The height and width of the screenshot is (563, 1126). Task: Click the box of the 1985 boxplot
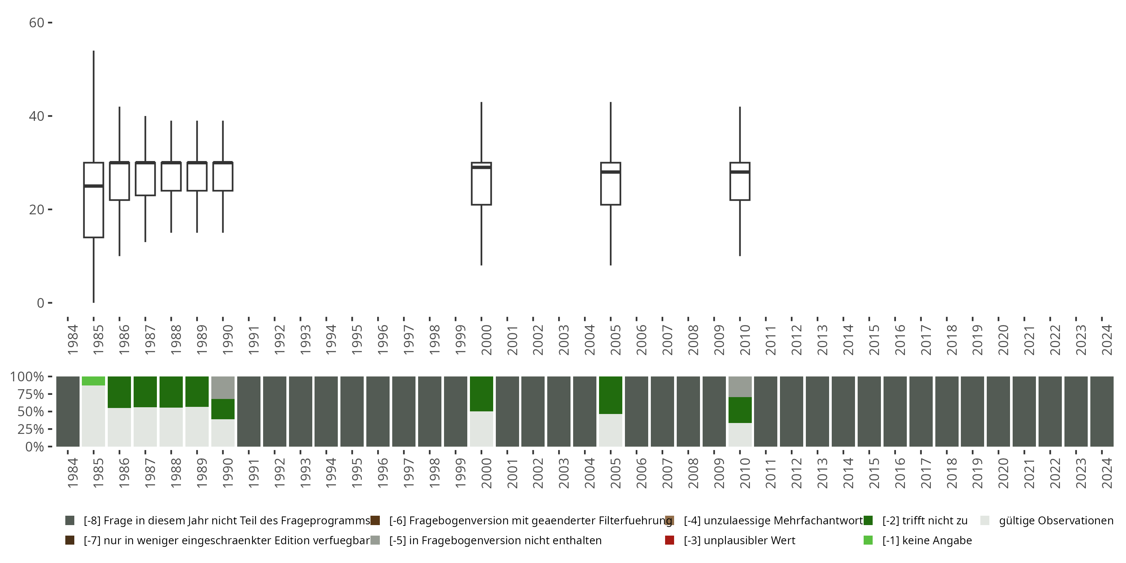(x=93, y=210)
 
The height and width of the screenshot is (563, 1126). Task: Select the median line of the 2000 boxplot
(x=481, y=167)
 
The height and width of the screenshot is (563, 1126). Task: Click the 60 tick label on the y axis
(x=37, y=23)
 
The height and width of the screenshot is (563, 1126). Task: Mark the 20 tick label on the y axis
(x=37, y=210)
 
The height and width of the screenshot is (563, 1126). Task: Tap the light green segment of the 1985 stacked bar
(x=93, y=381)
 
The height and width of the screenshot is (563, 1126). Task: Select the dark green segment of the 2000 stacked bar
(x=481, y=394)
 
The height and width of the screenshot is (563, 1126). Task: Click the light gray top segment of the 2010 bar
(x=740, y=387)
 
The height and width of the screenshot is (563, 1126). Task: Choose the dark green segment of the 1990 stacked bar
(x=223, y=409)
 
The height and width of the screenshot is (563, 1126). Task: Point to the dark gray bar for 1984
(x=68, y=411)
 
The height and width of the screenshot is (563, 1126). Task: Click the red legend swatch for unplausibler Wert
(x=669, y=540)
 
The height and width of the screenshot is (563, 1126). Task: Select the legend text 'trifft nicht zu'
(x=925, y=521)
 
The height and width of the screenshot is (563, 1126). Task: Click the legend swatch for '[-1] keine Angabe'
(x=868, y=540)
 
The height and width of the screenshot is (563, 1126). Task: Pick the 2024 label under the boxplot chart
(x=1106, y=340)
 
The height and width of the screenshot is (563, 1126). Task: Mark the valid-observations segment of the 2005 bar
(x=611, y=430)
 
